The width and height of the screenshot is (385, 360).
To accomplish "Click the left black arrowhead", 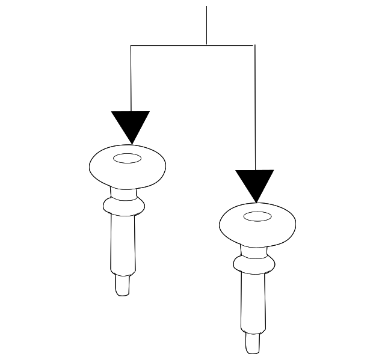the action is [x=131, y=124].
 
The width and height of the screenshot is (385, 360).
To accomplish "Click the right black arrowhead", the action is [x=254, y=183].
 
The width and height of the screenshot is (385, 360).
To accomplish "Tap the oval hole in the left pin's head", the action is [x=127, y=159].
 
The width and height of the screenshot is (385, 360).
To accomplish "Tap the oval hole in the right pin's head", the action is [x=257, y=216].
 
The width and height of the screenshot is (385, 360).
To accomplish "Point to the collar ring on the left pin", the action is [x=124, y=206].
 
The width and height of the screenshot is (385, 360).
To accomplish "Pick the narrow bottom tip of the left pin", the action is [x=123, y=285].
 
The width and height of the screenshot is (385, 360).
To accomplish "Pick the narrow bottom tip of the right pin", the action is [x=253, y=343].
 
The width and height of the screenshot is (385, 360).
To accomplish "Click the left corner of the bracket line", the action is [x=131, y=45].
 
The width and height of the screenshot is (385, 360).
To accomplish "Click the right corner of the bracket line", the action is [x=254, y=45].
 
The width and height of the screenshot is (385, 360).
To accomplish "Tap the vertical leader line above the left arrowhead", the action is [x=131, y=78].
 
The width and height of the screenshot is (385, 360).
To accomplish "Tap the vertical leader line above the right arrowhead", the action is [x=254, y=108].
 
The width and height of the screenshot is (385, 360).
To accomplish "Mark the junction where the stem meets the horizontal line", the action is [x=206, y=45].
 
